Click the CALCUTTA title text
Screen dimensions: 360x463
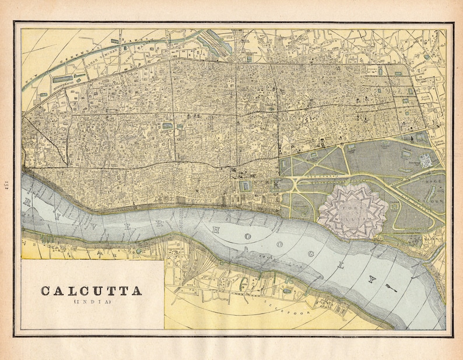click(x=91, y=291)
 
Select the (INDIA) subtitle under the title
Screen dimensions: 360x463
click(x=91, y=302)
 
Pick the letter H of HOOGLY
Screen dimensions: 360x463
click(x=215, y=230)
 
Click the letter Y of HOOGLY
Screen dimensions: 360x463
click(x=369, y=279)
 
